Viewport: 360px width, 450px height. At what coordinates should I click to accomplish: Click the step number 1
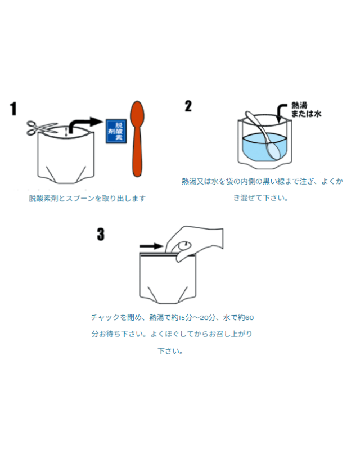(x=13, y=109)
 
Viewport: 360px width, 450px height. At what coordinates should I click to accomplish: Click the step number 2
(x=188, y=106)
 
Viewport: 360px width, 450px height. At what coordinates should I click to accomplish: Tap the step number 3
(x=101, y=234)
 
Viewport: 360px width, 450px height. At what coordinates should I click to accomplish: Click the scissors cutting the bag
(x=42, y=128)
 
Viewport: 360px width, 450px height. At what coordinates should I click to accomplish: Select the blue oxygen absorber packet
(x=116, y=131)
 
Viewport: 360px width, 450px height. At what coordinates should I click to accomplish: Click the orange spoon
(x=137, y=138)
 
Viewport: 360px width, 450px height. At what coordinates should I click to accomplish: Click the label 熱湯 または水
(x=307, y=110)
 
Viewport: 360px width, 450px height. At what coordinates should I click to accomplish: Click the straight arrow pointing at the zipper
(x=151, y=246)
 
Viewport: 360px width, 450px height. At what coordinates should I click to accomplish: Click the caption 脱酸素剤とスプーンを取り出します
(x=87, y=199)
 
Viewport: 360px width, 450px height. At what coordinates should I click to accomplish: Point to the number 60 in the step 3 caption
(x=250, y=318)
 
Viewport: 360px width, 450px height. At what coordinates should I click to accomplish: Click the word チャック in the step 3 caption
(x=105, y=317)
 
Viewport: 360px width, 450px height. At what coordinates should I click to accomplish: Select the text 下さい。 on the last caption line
(x=170, y=351)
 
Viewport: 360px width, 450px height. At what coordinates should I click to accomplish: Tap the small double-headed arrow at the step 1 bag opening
(x=66, y=132)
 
